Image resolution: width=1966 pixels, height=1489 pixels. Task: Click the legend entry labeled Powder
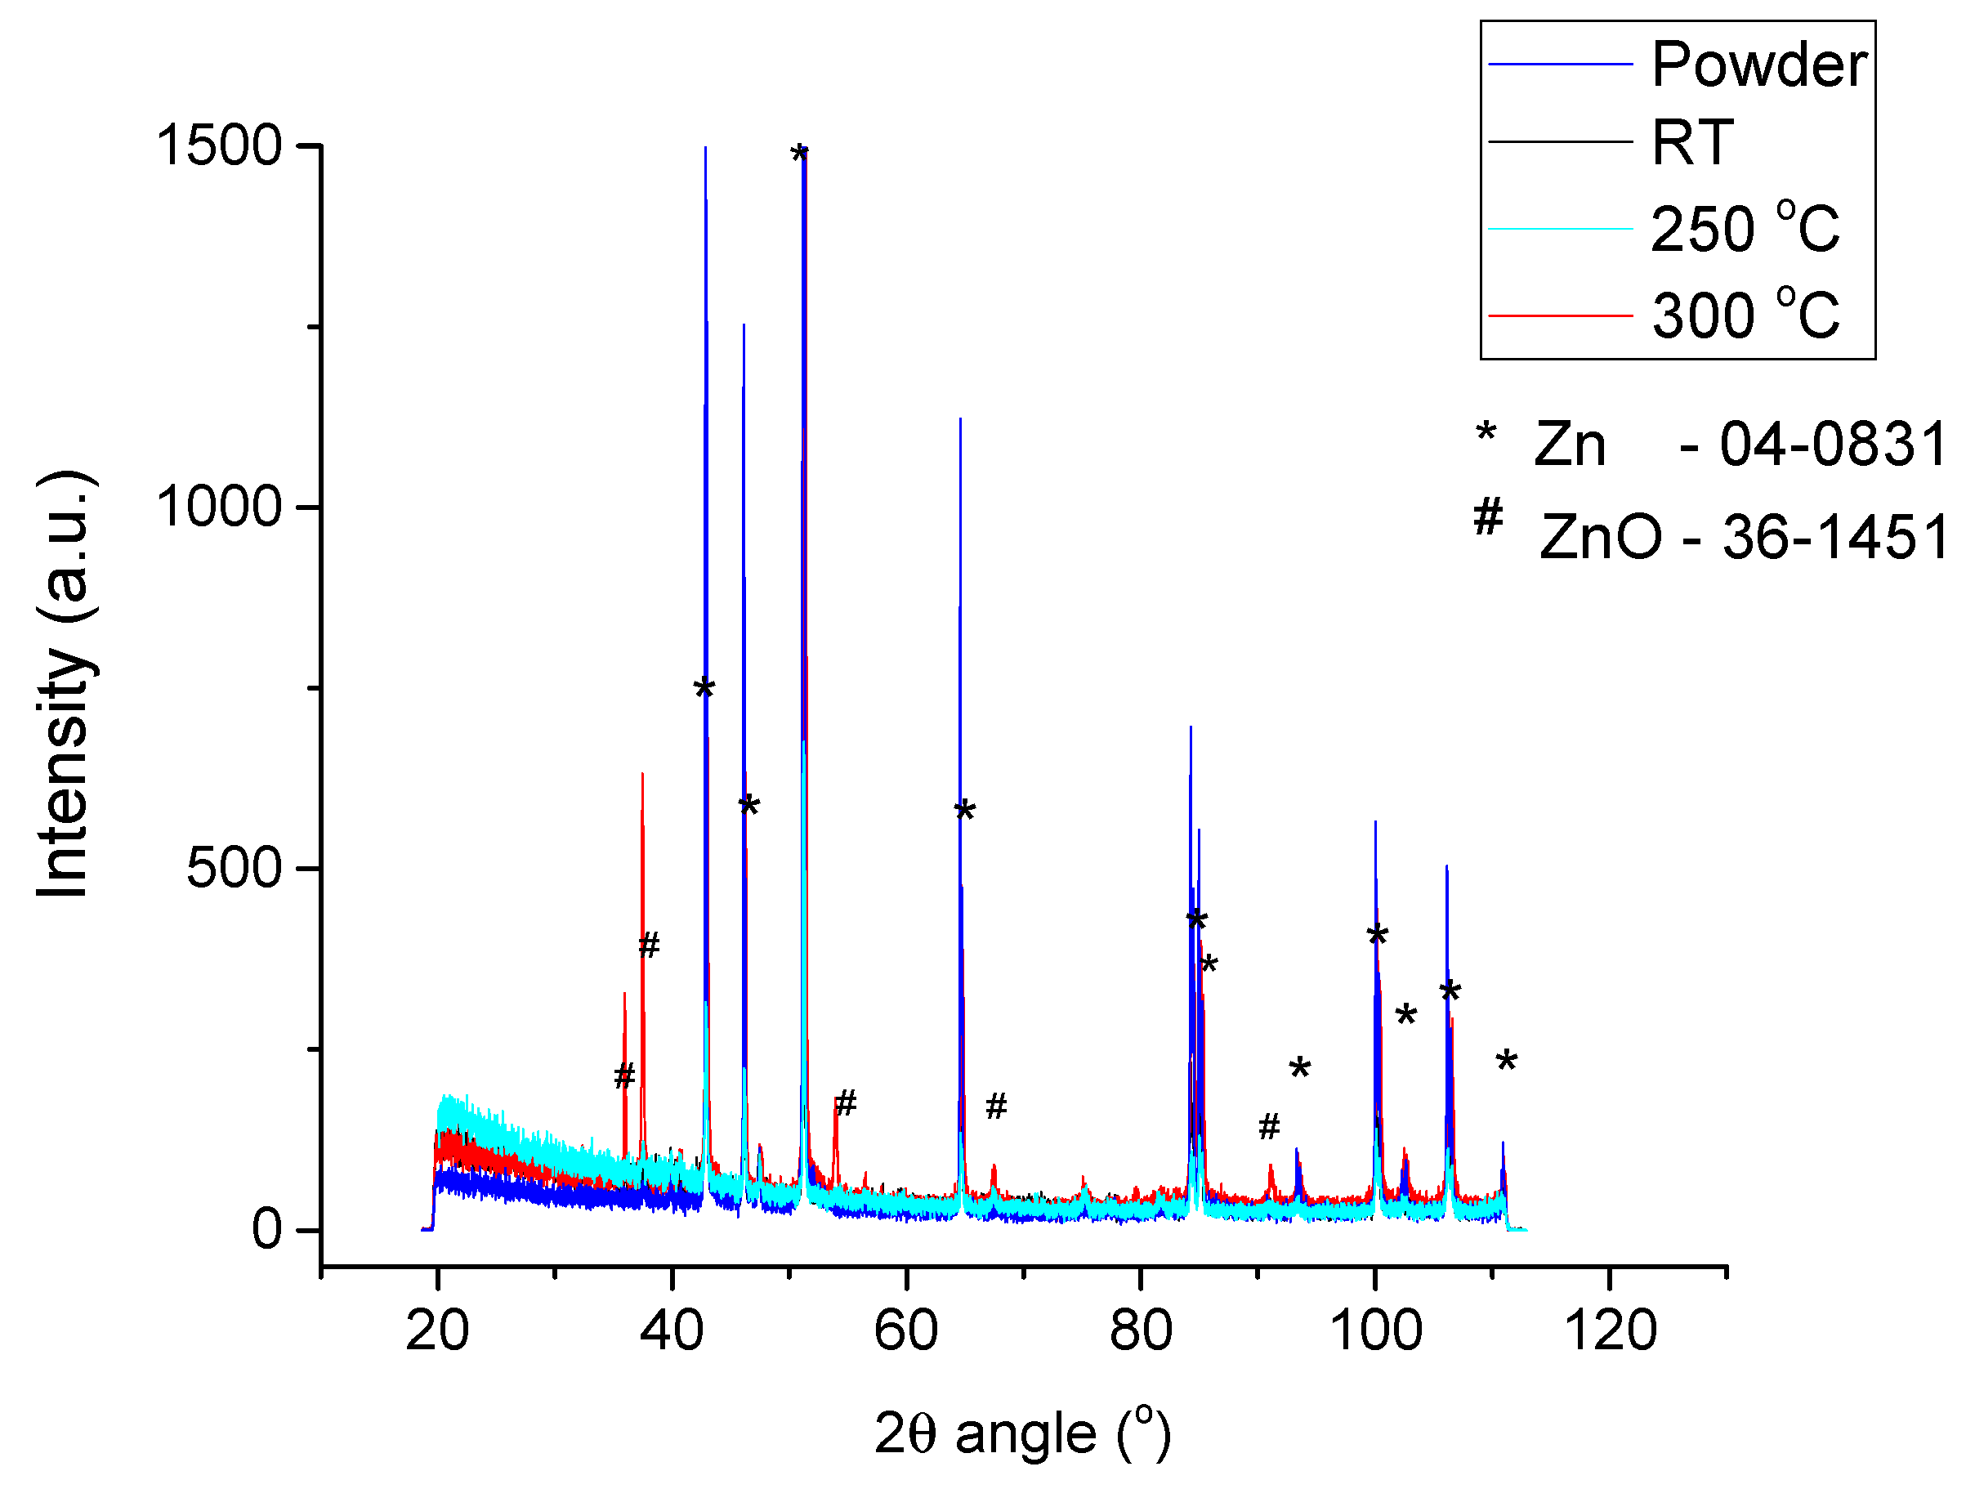(x=1758, y=64)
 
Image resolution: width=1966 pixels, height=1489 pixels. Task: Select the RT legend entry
(x=1692, y=142)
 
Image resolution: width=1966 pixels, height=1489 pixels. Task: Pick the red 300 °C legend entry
(x=1744, y=315)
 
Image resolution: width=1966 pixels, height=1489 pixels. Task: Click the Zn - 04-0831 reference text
(x=1737, y=445)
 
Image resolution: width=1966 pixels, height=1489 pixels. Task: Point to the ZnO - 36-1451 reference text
(x=1742, y=538)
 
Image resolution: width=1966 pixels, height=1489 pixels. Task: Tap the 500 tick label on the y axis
(x=234, y=869)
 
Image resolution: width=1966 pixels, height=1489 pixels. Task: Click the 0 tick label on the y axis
(x=266, y=1230)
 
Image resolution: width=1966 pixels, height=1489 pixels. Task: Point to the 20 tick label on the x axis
(x=436, y=1330)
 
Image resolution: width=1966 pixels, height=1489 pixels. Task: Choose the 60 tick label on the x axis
(x=905, y=1330)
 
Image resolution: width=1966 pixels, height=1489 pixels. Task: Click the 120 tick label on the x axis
(x=1610, y=1330)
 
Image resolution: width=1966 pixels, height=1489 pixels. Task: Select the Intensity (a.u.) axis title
(x=64, y=685)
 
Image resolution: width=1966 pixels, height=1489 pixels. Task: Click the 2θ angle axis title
(x=1022, y=1433)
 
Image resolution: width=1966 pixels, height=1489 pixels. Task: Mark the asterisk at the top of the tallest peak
(x=799, y=154)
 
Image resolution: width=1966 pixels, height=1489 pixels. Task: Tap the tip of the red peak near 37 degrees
(x=641, y=774)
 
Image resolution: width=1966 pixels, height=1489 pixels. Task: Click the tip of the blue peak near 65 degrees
(x=960, y=418)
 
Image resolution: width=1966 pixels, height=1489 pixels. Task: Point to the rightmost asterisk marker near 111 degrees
(x=1506, y=1061)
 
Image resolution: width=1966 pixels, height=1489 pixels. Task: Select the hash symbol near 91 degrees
(x=1269, y=1126)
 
